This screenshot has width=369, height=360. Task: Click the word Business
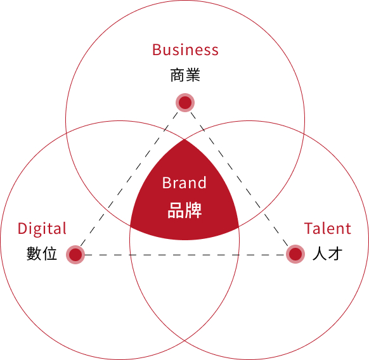185,49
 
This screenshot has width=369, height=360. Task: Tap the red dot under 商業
185,103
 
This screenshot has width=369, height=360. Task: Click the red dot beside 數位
75,255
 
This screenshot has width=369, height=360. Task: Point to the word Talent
328,228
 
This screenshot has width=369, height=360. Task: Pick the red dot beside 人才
295,254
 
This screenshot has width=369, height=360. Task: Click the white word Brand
184,183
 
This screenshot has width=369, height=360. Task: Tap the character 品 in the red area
176,210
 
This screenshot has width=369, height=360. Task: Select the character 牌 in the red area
193,210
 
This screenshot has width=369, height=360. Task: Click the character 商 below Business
178,75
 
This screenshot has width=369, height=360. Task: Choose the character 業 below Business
193,75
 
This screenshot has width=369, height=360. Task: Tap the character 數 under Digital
34,254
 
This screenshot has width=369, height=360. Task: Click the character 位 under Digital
49,254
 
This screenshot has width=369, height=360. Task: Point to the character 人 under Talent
320,254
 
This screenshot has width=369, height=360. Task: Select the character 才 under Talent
335,254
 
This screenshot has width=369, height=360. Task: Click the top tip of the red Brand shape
184,139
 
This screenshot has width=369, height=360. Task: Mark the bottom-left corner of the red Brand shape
130,226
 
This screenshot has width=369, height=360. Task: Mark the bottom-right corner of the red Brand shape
239,227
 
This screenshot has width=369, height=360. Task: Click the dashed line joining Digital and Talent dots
185,255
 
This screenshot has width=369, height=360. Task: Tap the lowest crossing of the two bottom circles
184,340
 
